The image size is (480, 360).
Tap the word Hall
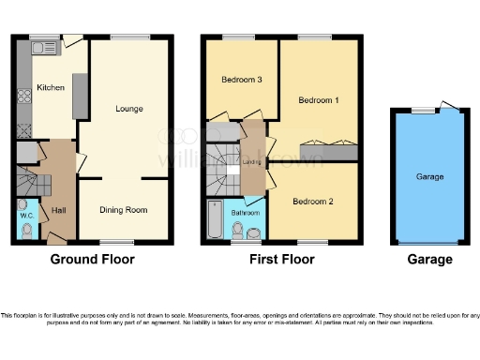click(x=59, y=210)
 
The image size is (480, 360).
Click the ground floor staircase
click(x=30, y=178)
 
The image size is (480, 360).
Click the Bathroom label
click(x=245, y=213)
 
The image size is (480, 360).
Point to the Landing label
click(x=251, y=161)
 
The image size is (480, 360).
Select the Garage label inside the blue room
click(x=429, y=176)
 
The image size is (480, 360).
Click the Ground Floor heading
click(x=92, y=259)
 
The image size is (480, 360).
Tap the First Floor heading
click(x=280, y=259)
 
